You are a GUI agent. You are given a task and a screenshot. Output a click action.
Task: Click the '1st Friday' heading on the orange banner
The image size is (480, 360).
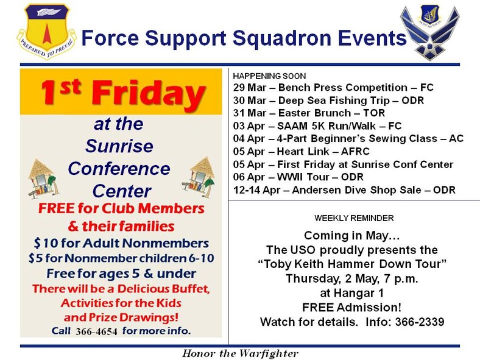coord(122,93)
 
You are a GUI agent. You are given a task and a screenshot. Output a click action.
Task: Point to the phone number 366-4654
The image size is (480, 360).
coord(97,331)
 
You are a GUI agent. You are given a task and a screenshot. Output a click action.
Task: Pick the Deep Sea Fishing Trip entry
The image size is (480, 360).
coord(328,101)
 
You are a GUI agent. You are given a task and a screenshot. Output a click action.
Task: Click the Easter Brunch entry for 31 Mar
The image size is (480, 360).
coord(309,113)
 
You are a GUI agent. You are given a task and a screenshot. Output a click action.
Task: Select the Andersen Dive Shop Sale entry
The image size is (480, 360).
coord(344,190)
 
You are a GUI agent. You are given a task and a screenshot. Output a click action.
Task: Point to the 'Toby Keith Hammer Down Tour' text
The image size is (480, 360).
coord(351,263)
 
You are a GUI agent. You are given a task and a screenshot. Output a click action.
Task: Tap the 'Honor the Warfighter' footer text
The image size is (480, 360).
coord(240,353)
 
